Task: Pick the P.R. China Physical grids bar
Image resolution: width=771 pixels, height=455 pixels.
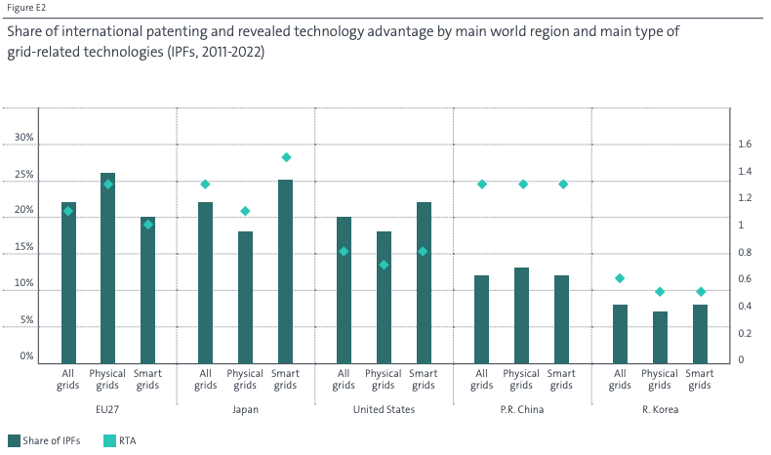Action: pyautogui.click(x=522, y=313)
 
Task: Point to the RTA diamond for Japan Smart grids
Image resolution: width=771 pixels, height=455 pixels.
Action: pyautogui.click(x=286, y=157)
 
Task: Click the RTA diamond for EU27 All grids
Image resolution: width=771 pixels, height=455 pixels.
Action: pyautogui.click(x=68, y=211)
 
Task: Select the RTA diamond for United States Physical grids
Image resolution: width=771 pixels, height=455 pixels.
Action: pyautogui.click(x=384, y=265)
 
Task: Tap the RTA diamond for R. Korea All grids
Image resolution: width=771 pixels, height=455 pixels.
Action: pyautogui.click(x=620, y=278)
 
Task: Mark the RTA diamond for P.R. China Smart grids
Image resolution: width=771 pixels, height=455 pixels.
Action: pyautogui.click(x=562, y=184)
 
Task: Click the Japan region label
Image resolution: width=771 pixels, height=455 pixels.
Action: pyautogui.click(x=246, y=409)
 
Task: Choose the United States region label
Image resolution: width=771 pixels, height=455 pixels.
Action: pyautogui.click(x=384, y=409)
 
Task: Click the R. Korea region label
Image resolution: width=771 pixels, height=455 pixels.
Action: pyautogui.click(x=660, y=409)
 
